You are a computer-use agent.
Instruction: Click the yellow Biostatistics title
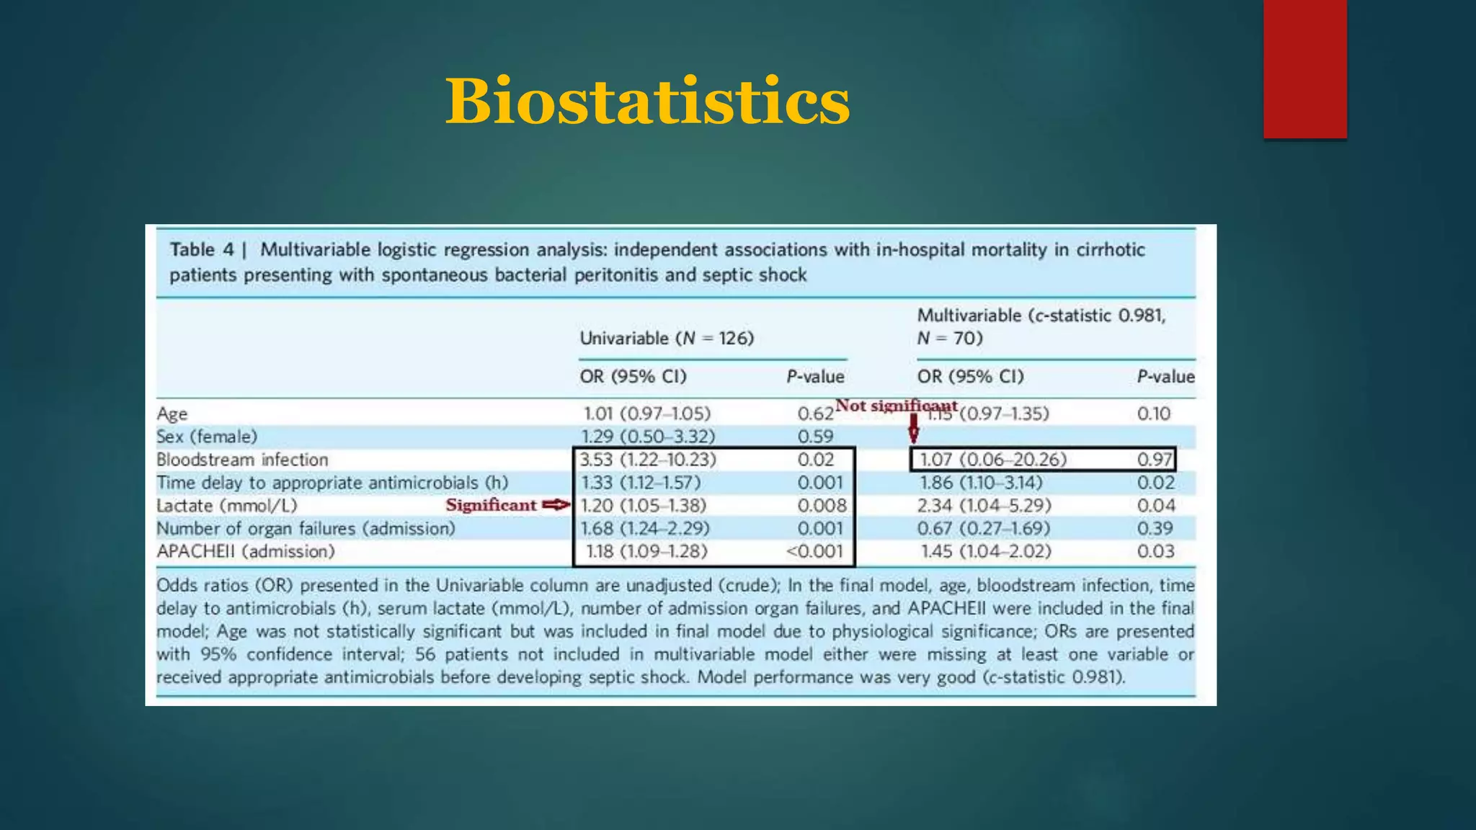647,102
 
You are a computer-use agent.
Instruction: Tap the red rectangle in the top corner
1304,68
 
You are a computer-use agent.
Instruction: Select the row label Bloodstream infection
242,460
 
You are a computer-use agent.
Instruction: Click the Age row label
172,414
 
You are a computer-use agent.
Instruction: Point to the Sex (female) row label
207,437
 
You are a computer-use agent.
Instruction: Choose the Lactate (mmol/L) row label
227,506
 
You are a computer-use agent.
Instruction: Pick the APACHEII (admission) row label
246,552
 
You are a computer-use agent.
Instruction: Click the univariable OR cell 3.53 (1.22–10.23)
648,460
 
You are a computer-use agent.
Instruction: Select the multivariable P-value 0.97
1155,460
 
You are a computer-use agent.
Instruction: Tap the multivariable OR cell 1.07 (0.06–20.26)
993,460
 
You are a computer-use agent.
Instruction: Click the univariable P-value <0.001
814,552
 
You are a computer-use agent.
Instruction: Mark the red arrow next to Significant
556,505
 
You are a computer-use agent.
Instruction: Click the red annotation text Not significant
896,406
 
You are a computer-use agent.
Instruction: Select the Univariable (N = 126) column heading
667,338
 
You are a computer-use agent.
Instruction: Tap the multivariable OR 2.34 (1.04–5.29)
984,506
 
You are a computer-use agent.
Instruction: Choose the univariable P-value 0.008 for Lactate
822,506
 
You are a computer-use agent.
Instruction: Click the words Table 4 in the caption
202,250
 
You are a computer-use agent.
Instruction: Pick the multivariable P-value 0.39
1155,529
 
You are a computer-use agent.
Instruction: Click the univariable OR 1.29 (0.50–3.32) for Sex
648,437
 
